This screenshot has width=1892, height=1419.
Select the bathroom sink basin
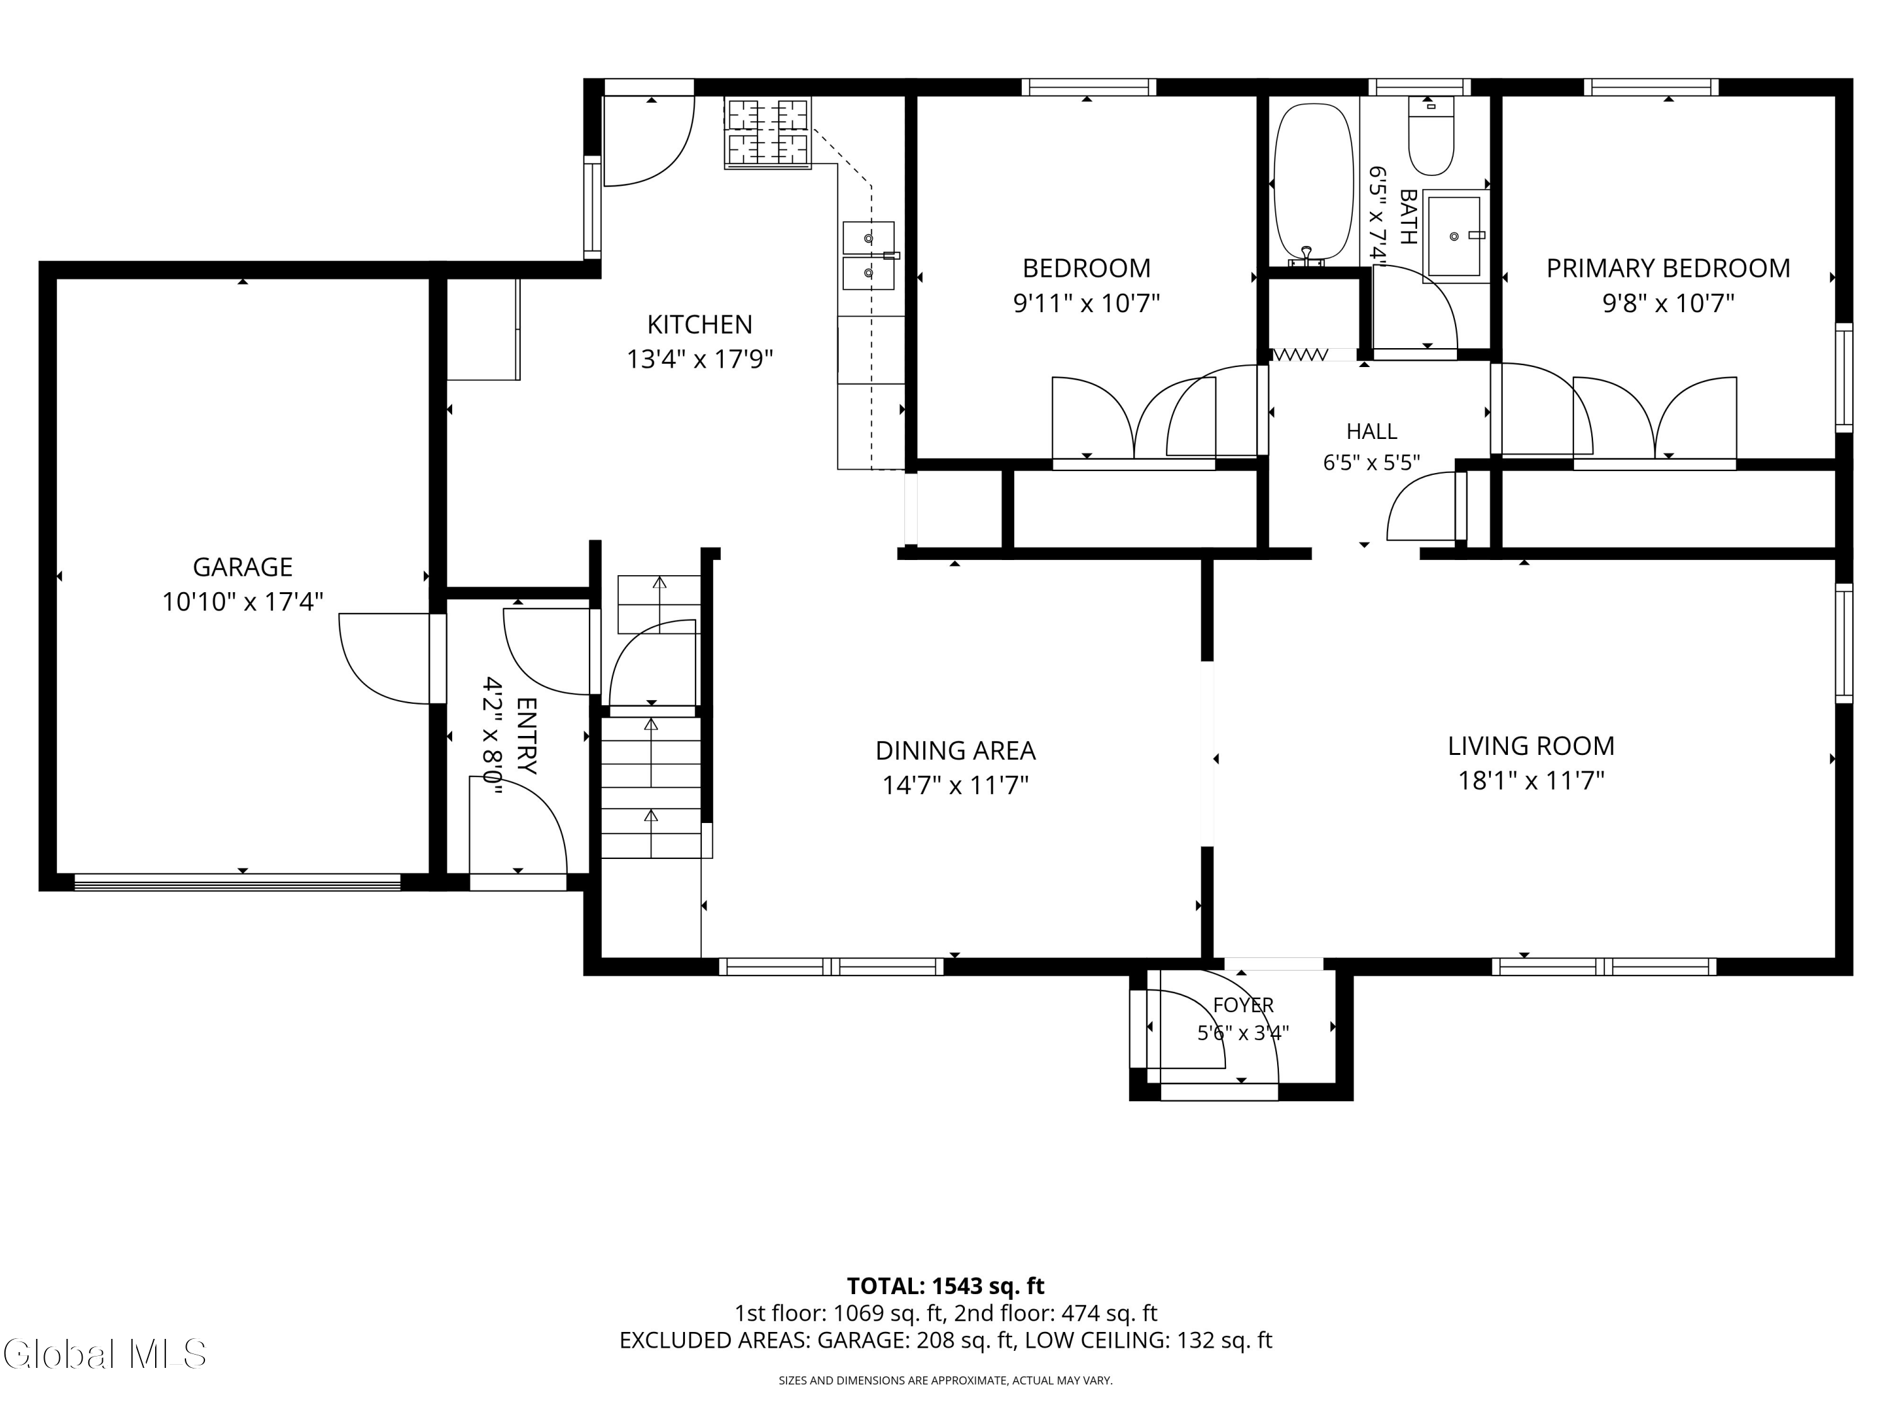tap(1454, 236)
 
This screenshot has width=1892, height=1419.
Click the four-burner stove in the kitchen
tap(768, 132)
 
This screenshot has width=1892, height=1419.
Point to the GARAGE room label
tap(243, 567)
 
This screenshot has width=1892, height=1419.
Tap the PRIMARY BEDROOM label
tap(1668, 269)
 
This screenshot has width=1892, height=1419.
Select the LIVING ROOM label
tap(1531, 746)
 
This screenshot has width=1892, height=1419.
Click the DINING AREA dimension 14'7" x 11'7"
tap(955, 785)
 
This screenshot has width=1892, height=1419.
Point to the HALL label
tap(1371, 431)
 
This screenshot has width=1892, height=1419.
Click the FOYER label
tap(1243, 1005)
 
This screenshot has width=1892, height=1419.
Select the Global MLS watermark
tap(104, 1353)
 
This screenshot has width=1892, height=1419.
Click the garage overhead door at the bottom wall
tap(237, 882)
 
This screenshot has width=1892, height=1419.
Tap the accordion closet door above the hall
tap(1300, 354)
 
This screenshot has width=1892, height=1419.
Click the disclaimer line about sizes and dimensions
tap(945, 1381)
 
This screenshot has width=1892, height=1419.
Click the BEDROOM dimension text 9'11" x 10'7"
tap(1086, 303)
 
